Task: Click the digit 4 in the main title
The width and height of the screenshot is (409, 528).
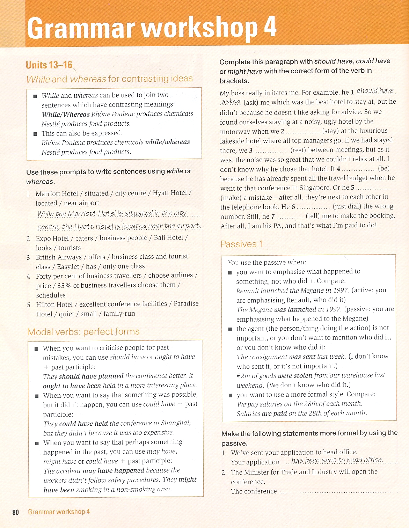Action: pyautogui.click(x=270, y=27)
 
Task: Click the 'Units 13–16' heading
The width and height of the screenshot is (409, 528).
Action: pyautogui.click(x=49, y=65)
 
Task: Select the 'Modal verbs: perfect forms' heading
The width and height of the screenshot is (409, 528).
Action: pyautogui.click(x=83, y=331)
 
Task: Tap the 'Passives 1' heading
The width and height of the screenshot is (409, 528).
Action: pyautogui.click(x=242, y=244)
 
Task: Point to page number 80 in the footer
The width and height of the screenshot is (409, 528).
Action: pyautogui.click(x=15, y=512)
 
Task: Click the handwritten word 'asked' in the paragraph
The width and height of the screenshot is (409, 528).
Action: pyautogui.click(x=231, y=101)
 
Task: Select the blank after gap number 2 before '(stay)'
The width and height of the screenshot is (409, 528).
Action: pyautogui.click(x=302, y=132)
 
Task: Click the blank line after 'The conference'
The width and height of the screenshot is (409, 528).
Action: pyautogui.click(x=337, y=492)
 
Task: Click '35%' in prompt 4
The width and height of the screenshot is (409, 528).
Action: pyautogui.click(x=64, y=285)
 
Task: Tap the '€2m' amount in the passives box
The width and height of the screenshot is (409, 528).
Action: pyautogui.click(x=243, y=376)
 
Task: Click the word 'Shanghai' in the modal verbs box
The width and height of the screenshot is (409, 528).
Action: pyautogui.click(x=175, y=423)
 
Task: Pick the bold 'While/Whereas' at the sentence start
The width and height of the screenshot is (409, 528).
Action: pyautogui.click(x=66, y=114)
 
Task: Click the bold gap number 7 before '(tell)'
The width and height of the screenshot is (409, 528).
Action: pyautogui.click(x=273, y=216)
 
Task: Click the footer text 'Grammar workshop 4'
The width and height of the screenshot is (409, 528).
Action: pyautogui.click(x=59, y=512)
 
